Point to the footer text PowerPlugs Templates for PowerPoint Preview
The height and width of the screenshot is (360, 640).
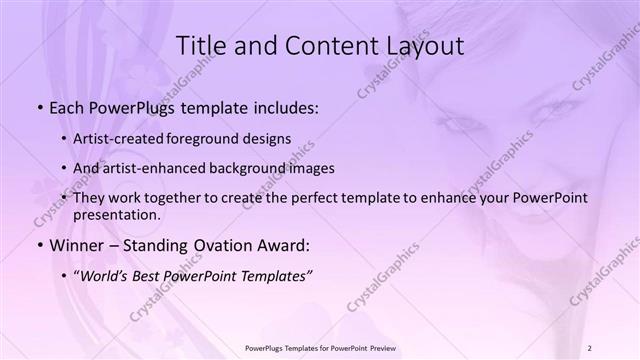click(x=320, y=347)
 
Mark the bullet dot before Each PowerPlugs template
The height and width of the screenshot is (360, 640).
click(x=39, y=106)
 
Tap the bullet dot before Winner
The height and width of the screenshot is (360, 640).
click(x=39, y=244)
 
